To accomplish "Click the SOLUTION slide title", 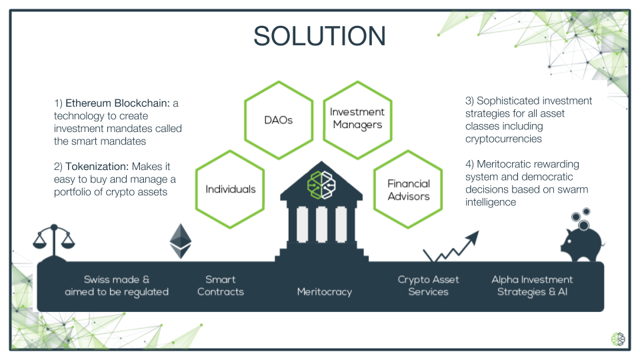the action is [x=319, y=36].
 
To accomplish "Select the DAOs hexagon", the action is [x=279, y=120].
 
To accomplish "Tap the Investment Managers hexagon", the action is [x=357, y=120].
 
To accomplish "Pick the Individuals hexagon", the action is [x=230, y=189].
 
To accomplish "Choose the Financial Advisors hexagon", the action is [x=408, y=189].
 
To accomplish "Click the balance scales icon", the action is [x=54, y=243].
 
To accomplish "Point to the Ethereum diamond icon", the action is [x=181, y=241].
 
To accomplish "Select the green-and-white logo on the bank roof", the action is [x=321, y=185].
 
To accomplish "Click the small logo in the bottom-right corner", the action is [x=618, y=339].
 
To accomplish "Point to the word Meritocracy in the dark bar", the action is [x=325, y=292].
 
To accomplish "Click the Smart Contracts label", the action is [x=221, y=285].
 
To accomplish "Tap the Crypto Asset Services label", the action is [x=428, y=285].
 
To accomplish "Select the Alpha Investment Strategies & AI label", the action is [x=532, y=285].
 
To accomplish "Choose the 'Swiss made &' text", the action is [x=116, y=279].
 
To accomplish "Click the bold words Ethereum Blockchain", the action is [x=117, y=103].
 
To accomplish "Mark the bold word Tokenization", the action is [x=97, y=167].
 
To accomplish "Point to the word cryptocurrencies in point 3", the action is [x=504, y=139].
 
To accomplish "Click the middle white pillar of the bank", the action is [x=321, y=225].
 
